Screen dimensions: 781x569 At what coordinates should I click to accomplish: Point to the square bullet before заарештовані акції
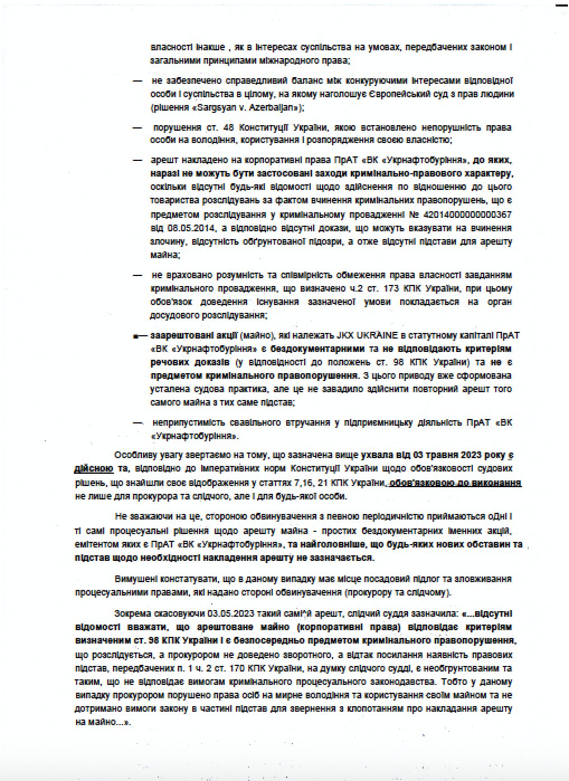click(135, 336)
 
